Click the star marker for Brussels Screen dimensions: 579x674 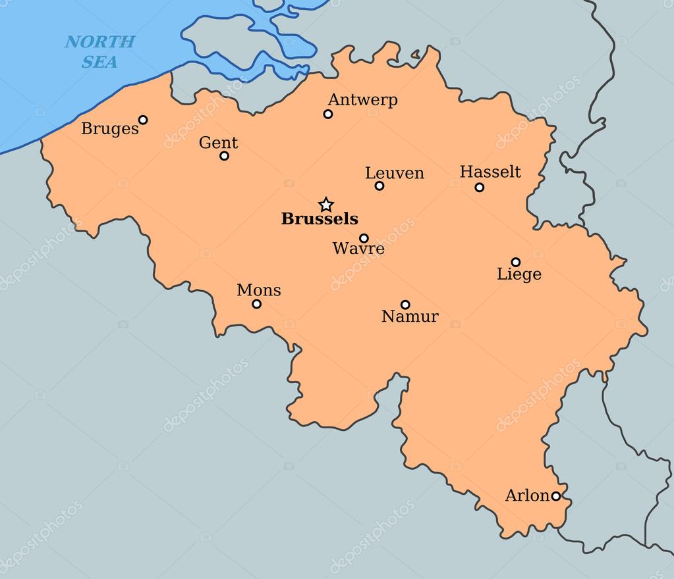click(x=325, y=205)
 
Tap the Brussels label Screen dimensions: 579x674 click(x=320, y=219)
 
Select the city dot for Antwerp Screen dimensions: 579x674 click(x=328, y=114)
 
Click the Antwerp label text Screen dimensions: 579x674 click(x=362, y=100)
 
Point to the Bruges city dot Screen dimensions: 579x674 click(x=143, y=120)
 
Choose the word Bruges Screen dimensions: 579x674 click(x=110, y=128)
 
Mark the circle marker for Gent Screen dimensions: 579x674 click(x=225, y=156)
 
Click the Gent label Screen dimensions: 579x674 click(x=218, y=143)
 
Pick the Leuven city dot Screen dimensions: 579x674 click(x=379, y=186)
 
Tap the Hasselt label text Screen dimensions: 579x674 click(x=490, y=172)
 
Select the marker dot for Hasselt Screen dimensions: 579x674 click(x=480, y=188)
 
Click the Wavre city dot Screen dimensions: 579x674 click(x=364, y=238)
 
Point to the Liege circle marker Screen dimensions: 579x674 click(x=516, y=262)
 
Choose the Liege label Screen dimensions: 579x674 click(x=519, y=274)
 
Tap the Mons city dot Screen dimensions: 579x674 click(x=257, y=304)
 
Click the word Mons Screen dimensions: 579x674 click(x=258, y=290)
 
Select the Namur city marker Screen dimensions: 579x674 click(x=405, y=305)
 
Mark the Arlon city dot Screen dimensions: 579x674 click(x=556, y=496)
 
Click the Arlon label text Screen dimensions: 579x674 click(x=527, y=496)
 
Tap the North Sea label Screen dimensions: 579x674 click(x=100, y=52)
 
